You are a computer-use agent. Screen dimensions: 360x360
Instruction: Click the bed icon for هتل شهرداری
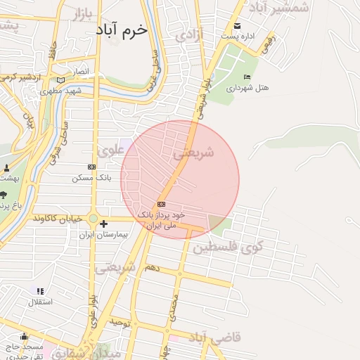click(x=246, y=77)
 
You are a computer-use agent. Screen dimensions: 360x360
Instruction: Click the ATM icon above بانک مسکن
click(x=91, y=167)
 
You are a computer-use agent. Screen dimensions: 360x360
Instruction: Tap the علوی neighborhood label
click(x=110, y=150)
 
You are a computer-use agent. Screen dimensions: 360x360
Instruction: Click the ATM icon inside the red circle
click(x=161, y=204)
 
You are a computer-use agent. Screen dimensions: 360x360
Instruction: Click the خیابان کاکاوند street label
click(x=64, y=218)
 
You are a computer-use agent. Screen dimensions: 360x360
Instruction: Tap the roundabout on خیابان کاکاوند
click(x=92, y=218)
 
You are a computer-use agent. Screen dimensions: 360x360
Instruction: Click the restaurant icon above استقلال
click(x=40, y=290)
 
